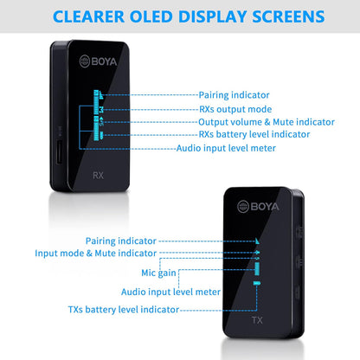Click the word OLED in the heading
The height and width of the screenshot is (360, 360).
pyautogui.click(x=151, y=16)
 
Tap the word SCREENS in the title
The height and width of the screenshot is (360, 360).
pyautogui.click(x=288, y=16)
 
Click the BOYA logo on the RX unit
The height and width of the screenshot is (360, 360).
pyautogui.click(x=98, y=61)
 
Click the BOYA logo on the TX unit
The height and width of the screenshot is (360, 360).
pyautogui.click(x=258, y=207)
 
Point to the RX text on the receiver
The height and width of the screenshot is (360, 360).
pyautogui.click(x=98, y=176)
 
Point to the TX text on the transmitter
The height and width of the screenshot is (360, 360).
pyautogui.click(x=257, y=320)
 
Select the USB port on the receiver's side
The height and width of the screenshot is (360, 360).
pyautogui.click(x=59, y=152)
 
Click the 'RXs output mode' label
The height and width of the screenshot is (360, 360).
pyautogui.click(x=235, y=109)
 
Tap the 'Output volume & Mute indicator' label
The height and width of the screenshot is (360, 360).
pyautogui.click(x=267, y=122)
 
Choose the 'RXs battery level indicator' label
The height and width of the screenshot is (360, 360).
pyautogui.click(x=254, y=134)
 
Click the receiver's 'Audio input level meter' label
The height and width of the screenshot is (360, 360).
pyautogui.click(x=226, y=148)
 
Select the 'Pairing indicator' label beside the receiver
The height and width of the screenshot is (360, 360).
pyautogui.click(x=234, y=95)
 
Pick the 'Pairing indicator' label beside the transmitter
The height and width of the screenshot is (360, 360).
pyautogui.click(x=121, y=241)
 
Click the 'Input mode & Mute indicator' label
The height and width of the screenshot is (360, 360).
pyautogui.click(x=95, y=254)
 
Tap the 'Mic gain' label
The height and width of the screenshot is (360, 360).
pyautogui.click(x=158, y=273)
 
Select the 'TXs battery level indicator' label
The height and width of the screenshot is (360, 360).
pyautogui.click(x=124, y=310)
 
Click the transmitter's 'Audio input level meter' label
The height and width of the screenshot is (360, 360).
pyautogui.click(x=170, y=292)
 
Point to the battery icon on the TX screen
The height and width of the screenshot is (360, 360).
pyautogui.click(x=257, y=283)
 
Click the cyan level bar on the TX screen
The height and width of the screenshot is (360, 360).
pyautogui.click(x=257, y=268)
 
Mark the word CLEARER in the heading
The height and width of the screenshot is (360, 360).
pyautogui.click(x=88, y=16)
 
